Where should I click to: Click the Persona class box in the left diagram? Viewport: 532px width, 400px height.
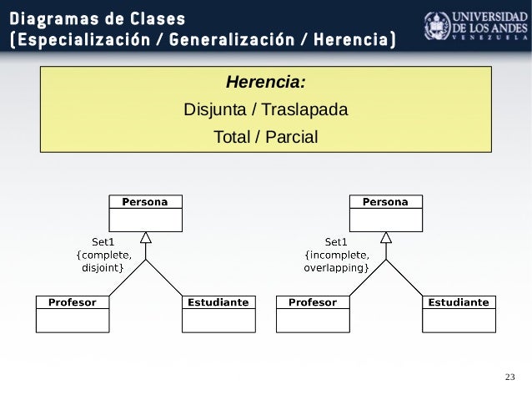tap(146, 213)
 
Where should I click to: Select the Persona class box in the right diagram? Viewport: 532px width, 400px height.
tap(385, 213)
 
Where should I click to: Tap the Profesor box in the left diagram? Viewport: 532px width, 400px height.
tap(72, 313)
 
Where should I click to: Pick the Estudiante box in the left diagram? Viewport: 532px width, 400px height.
tap(218, 313)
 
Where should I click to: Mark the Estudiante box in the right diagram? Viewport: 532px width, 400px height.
tap(459, 313)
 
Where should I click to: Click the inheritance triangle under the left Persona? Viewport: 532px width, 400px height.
tap(146, 238)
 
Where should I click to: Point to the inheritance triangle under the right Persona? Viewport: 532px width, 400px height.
tap(385, 238)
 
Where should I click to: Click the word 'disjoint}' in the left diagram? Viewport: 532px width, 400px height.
tap(103, 268)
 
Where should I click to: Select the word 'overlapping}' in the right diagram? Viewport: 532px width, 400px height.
tap(337, 268)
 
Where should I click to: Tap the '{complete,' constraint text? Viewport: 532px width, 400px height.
tap(103, 256)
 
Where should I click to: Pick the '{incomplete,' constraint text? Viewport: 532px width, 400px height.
tap(337, 256)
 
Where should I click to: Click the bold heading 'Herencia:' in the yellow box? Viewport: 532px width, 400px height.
tap(266, 84)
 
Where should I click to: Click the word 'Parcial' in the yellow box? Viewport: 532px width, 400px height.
tap(291, 136)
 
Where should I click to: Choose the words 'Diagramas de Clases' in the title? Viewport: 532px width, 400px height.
tap(98, 18)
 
